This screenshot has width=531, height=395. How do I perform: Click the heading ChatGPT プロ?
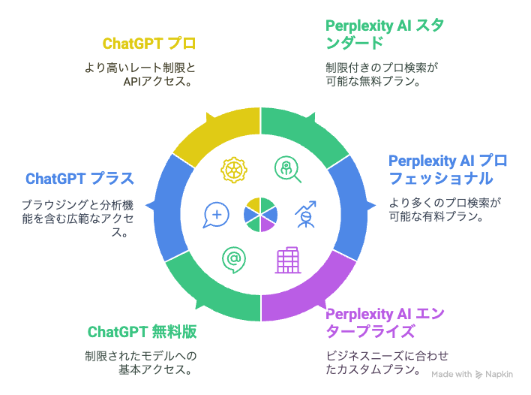point(149,44)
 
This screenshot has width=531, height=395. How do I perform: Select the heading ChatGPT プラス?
point(80,178)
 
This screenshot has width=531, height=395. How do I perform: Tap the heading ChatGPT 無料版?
point(142,332)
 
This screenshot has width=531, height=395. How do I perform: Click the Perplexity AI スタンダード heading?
point(385,35)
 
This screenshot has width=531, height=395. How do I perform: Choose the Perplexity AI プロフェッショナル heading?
point(448,170)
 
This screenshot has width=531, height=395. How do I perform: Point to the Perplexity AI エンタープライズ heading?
point(385,322)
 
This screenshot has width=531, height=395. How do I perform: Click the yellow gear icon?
point(234,170)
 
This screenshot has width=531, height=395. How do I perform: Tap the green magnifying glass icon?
point(287,170)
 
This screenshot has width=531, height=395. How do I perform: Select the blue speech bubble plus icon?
point(216,216)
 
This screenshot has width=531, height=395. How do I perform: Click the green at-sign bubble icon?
point(234,260)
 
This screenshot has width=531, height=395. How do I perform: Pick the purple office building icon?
point(288,260)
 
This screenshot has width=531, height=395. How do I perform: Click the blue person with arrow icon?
point(305,214)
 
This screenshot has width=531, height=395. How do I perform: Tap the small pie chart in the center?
point(260,215)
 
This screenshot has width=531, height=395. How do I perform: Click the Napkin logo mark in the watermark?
point(478,374)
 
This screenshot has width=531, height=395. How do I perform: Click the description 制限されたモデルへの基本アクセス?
point(140,363)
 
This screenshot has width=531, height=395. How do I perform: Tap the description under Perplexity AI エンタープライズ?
point(387,363)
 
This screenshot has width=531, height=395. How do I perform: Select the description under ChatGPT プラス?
point(78,219)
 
